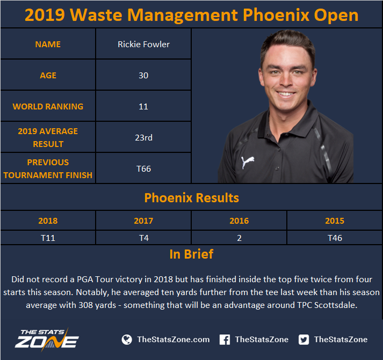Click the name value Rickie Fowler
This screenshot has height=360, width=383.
(143, 44)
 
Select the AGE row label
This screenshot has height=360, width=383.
(48, 75)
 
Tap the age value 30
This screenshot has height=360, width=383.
(143, 75)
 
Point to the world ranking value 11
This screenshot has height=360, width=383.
(143, 107)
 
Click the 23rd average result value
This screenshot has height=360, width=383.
(143, 137)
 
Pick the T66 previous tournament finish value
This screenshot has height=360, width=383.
(143, 169)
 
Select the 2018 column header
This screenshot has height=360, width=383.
(48, 221)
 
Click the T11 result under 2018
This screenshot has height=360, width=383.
(48, 238)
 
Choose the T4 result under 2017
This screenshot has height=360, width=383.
(143, 238)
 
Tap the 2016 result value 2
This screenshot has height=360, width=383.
(239, 238)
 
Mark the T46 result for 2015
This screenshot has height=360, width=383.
(335, 238)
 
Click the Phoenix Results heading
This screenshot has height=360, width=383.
(191, 197)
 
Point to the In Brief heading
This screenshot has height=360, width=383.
(191, 254)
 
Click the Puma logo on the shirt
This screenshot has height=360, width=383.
(248, 161)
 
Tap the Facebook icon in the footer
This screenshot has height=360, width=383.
(225, 340)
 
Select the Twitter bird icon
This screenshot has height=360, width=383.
(303, 340)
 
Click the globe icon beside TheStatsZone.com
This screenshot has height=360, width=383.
(127, 340)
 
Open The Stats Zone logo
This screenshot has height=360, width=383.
(47, 339)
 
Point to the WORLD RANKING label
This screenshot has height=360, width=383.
(48, 107)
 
